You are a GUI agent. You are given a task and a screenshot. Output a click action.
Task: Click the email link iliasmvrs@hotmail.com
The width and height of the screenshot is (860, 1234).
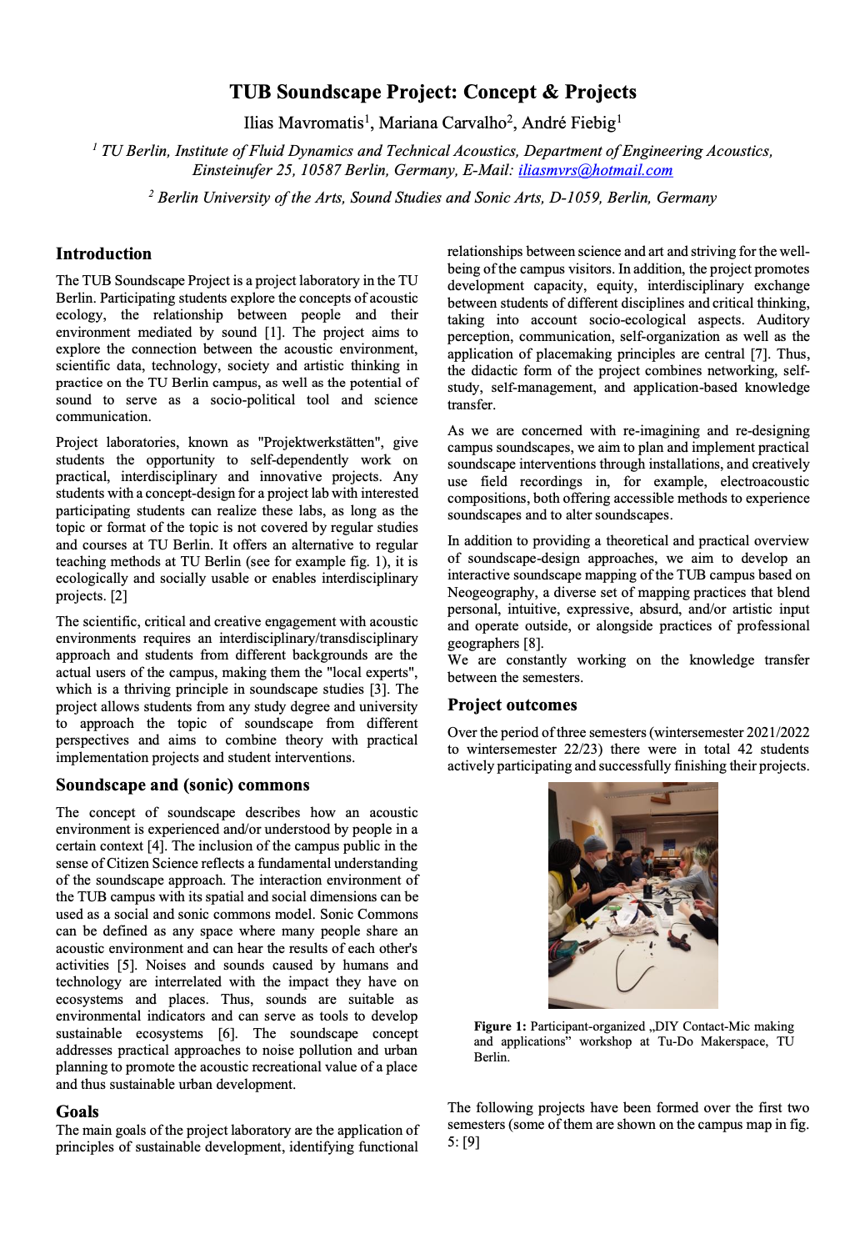(x=595, y=170)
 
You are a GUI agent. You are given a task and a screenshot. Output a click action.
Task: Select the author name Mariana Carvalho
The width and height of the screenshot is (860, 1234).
(x=442, y=123)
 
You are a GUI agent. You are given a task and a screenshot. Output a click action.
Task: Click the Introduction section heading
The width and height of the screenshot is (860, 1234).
(x=103, y=254)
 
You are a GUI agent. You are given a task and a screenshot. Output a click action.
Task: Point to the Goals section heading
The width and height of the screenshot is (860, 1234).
(x=77, y=1111)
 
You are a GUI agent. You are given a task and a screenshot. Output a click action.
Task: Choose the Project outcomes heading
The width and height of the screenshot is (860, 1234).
(x=512, y=705)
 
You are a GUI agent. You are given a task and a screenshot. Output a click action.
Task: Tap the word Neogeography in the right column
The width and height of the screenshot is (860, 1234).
(x=492, y=592)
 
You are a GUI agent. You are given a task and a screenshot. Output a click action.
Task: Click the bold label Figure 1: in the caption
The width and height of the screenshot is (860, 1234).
(x=500, y=1026)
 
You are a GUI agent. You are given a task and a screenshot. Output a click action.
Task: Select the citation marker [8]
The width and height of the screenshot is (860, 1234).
(x=532, y=643)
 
